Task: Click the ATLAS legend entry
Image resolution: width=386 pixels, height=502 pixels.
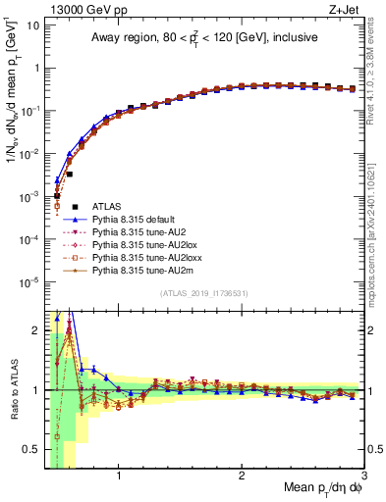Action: [107, 206]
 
